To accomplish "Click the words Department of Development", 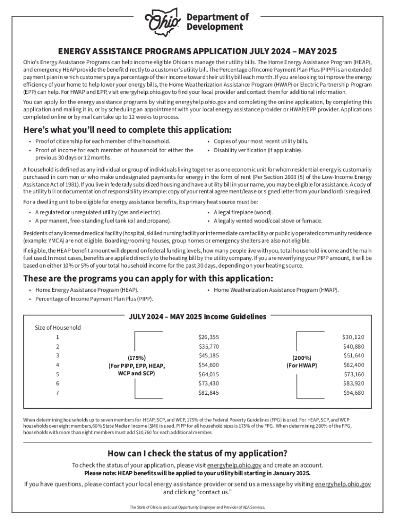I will (217, 22).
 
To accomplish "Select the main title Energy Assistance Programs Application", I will (197, 51).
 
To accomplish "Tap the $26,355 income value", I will (208, 337).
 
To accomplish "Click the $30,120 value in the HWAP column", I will (353, 337).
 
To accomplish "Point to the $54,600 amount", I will (208, 365).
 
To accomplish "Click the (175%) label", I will (136, 357).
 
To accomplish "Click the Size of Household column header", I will (57, 327).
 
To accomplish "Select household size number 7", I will (57, 392).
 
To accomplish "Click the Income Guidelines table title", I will (197, 316).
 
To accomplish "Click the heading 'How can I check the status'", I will (197, 453).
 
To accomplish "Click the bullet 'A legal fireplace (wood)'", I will (243, 212).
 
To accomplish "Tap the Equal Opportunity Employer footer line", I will (197, 507).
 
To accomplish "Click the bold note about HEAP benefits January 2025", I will (197, 473).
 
